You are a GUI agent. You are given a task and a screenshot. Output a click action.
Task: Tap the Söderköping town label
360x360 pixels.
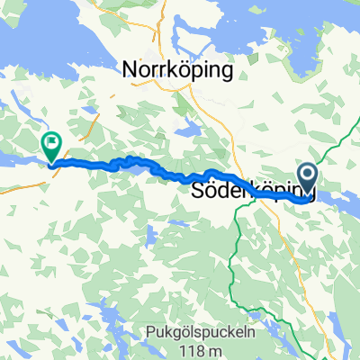pyautogui.click(x=252, y=192)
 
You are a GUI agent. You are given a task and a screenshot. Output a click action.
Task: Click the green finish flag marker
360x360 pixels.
pyautogui.click(x=51, y=141)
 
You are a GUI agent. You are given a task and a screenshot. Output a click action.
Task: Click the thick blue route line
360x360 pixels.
pyautogui.click(x=180, y=176)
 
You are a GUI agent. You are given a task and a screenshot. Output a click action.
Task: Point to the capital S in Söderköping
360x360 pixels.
pyautogui.click(x=199, y=192)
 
